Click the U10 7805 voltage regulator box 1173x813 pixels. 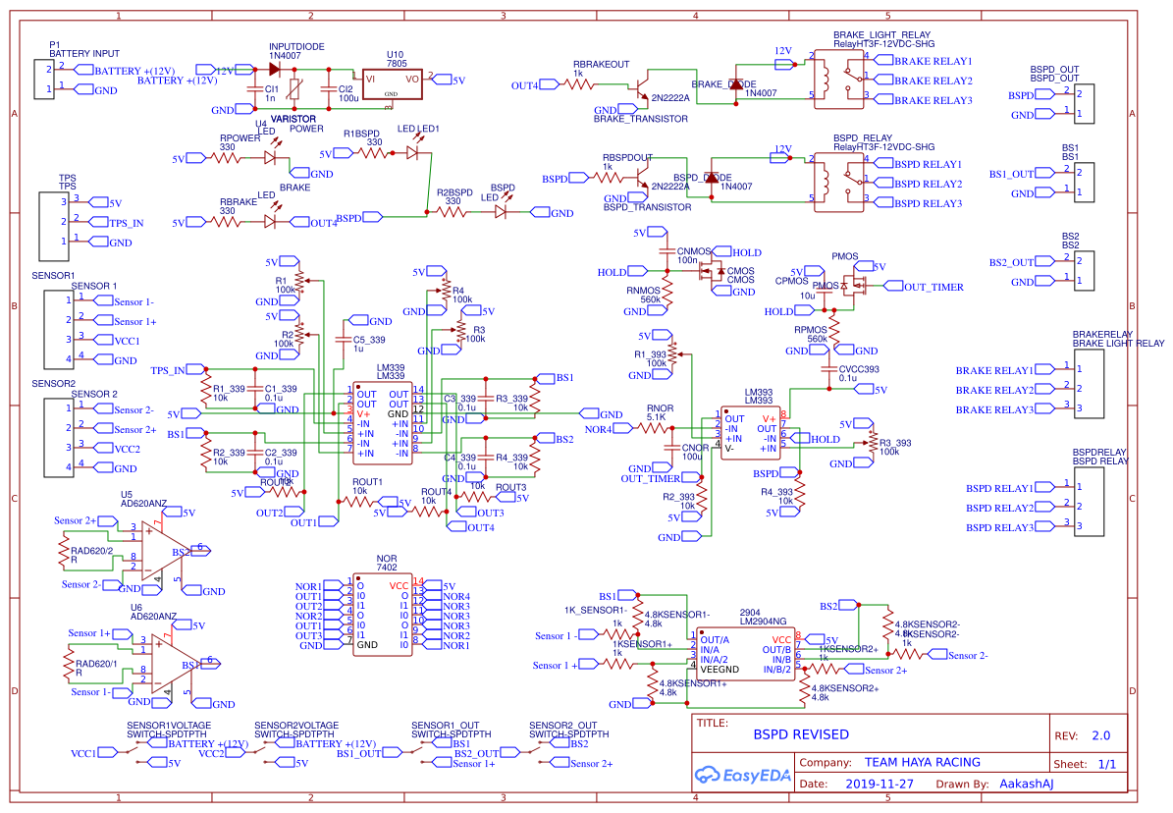click(392, 83)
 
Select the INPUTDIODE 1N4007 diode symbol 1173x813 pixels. click(274, 70)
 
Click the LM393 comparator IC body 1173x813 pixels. click(752, 432)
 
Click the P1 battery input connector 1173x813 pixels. click(44, 80)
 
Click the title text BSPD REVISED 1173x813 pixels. click(800, 734)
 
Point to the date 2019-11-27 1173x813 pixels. click(879, 785)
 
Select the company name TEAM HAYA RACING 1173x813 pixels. click(922, 762)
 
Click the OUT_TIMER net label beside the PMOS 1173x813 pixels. click(933, 287)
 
